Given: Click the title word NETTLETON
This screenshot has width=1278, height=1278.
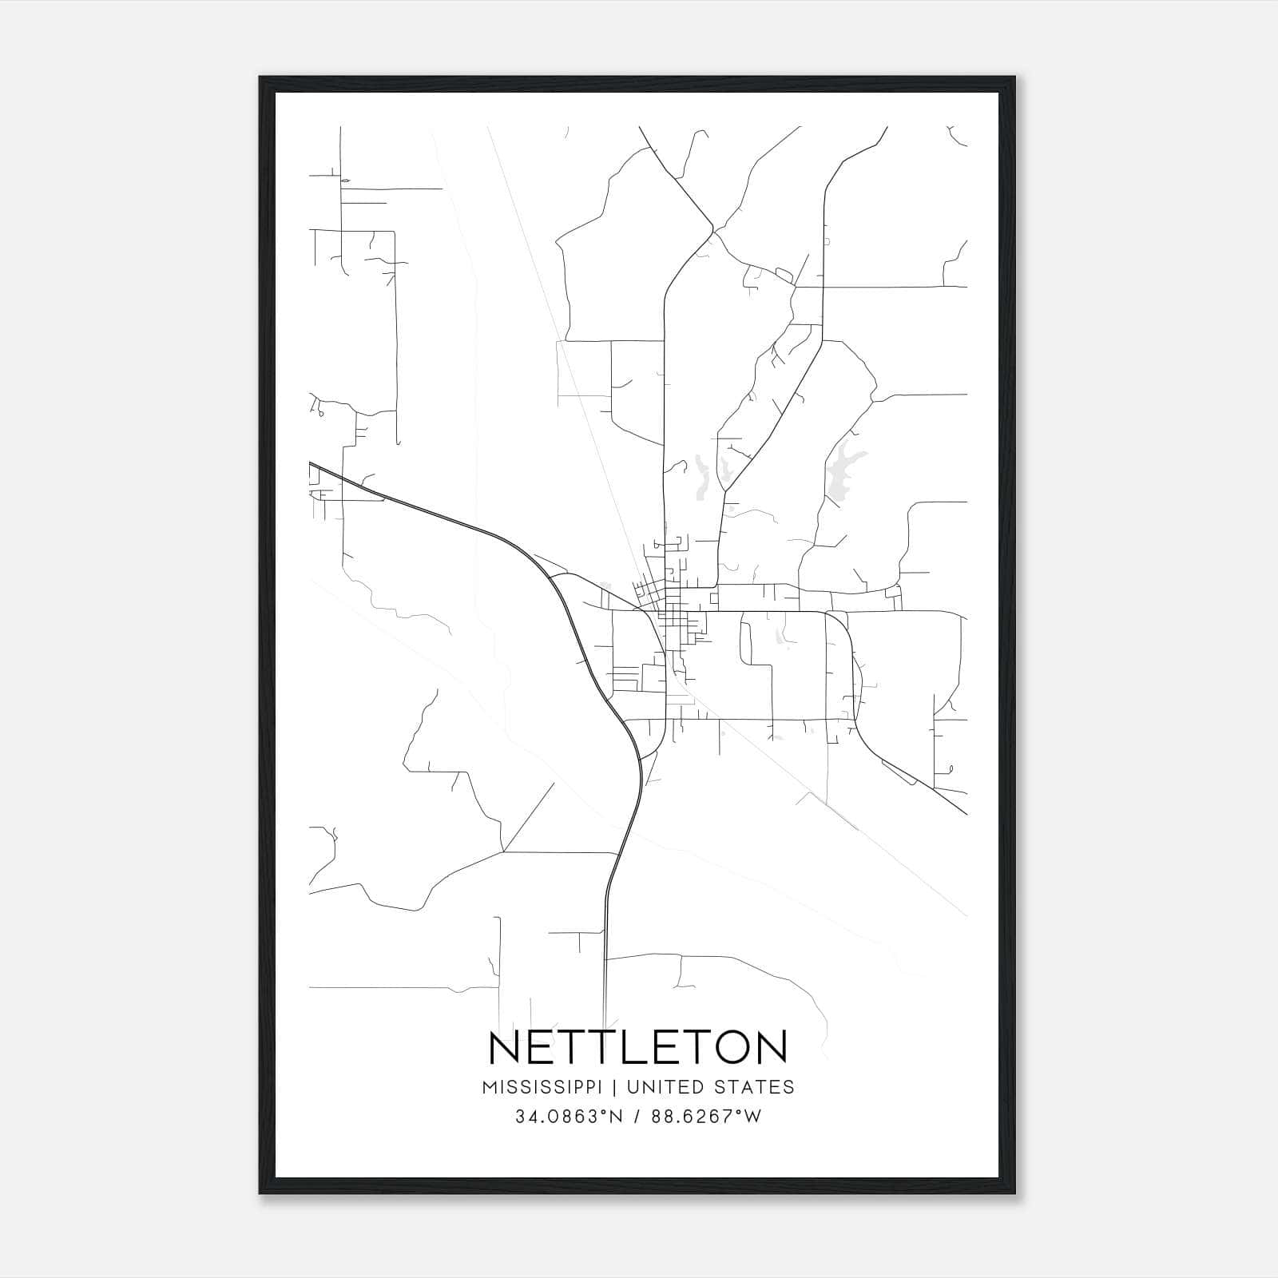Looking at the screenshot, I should (x=637, y=1048).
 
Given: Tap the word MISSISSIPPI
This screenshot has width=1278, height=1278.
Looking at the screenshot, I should (x=548, y=1087).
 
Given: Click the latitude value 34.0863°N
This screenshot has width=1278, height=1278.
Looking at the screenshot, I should (x=568, y=1117).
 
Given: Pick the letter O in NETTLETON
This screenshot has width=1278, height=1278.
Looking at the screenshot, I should (x=729, y=1048).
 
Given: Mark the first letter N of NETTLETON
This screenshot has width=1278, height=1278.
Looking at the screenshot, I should (x=505, y=1048).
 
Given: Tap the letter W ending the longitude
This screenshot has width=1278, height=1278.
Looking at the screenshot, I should (x=753, y=1117).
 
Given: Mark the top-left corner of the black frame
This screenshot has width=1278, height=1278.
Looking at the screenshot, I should (x=260, y=77).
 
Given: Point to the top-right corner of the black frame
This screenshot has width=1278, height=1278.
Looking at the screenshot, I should (x=1015, y=77).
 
